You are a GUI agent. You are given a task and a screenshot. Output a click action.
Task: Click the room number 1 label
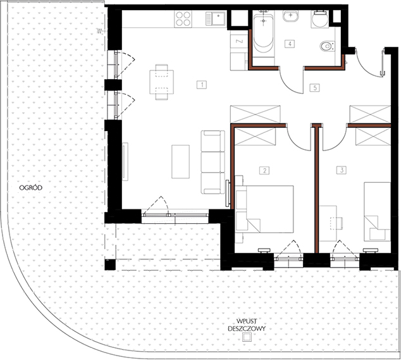pos(202,85)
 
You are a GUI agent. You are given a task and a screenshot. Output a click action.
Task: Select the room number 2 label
pos(264,170)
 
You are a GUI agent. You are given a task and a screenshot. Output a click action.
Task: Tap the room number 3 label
pos(342,170)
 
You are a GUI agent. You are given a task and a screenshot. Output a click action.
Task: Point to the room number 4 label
pos(290,44)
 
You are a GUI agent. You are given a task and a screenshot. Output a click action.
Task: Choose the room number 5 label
pos(314,88)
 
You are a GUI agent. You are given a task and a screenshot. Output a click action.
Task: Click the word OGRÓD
pos(31,187)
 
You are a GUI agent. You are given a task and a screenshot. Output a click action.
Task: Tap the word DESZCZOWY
pos(247,328)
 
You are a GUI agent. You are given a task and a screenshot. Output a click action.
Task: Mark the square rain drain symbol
pos(247,337)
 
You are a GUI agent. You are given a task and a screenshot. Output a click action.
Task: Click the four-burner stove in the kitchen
pos(183,19)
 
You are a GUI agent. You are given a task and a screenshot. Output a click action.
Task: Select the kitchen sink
pos(215,18)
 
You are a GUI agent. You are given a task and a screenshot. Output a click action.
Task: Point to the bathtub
pos(263,34)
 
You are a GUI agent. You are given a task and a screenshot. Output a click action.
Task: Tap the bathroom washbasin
pos(291,16)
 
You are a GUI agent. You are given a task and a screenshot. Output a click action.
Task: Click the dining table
pos(162,82)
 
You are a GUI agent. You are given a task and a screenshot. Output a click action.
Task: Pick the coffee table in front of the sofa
pos(180,161)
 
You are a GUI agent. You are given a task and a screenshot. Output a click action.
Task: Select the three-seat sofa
pos(213,162)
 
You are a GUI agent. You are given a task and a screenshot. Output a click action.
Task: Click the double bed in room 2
pos(264,209)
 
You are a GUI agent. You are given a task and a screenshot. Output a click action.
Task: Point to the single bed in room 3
pos(377,211)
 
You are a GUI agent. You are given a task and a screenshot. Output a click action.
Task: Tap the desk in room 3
pos(328,223)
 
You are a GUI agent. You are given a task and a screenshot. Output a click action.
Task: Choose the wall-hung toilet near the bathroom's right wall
pos(328,46)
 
